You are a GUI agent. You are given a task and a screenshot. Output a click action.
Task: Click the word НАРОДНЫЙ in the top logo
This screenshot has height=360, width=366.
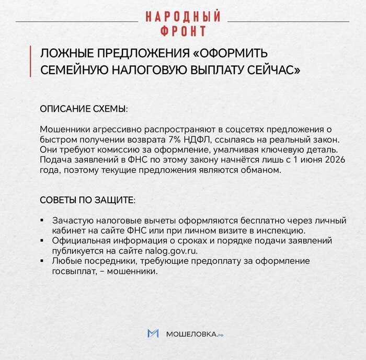click(183, 16)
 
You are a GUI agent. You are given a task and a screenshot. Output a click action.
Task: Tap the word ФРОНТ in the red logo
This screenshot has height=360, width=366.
click(183, 31)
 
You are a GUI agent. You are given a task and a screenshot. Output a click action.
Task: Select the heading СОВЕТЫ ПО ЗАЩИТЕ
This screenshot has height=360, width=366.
click(87, 200)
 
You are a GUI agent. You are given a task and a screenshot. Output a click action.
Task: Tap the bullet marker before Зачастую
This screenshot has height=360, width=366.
click(42, 220)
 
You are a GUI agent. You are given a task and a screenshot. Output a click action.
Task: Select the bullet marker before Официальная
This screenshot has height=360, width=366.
click(42, 240)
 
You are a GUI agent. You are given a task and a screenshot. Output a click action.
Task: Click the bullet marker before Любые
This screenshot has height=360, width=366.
click(42, 261)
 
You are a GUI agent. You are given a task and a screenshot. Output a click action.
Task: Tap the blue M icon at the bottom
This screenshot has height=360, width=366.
click(153, 333)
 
